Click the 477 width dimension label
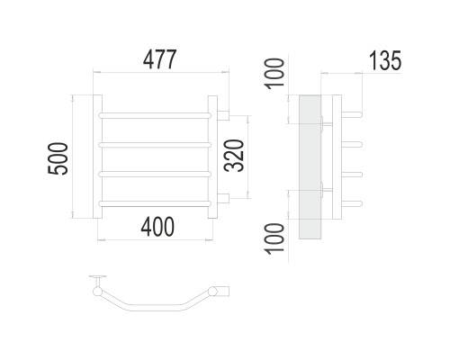[x=159, y=59]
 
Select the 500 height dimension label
[x=58, y=158]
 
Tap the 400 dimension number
[x=157, y=227]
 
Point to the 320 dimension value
[x=234, y=156]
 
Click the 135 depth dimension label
[x=385, y=60]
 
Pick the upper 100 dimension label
[x=274, y=74]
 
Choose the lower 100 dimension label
[x=274, y=238]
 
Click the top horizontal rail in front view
[x=155, y=115]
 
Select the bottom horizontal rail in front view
[x=155, y=203]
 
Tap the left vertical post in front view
[x=97, y=157]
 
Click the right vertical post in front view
[x=212, y=157]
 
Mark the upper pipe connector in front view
[x=223, y=115]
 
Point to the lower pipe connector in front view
[x=223, y=199]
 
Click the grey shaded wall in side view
[x=310, y=167]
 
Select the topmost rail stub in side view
[x=352, y=114]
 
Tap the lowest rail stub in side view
[x=352, y=203]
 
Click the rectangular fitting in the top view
[x=223, y=291]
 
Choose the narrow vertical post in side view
[x=337, y=157]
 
